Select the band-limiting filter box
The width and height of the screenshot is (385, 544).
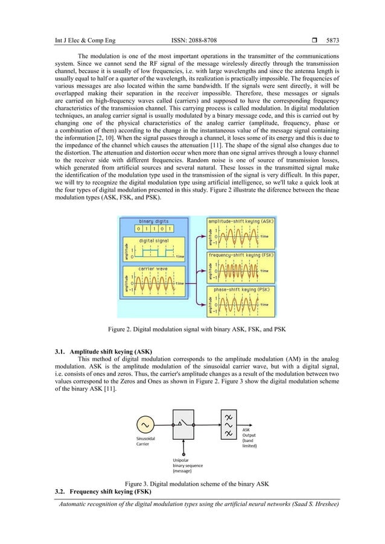(229, 425)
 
